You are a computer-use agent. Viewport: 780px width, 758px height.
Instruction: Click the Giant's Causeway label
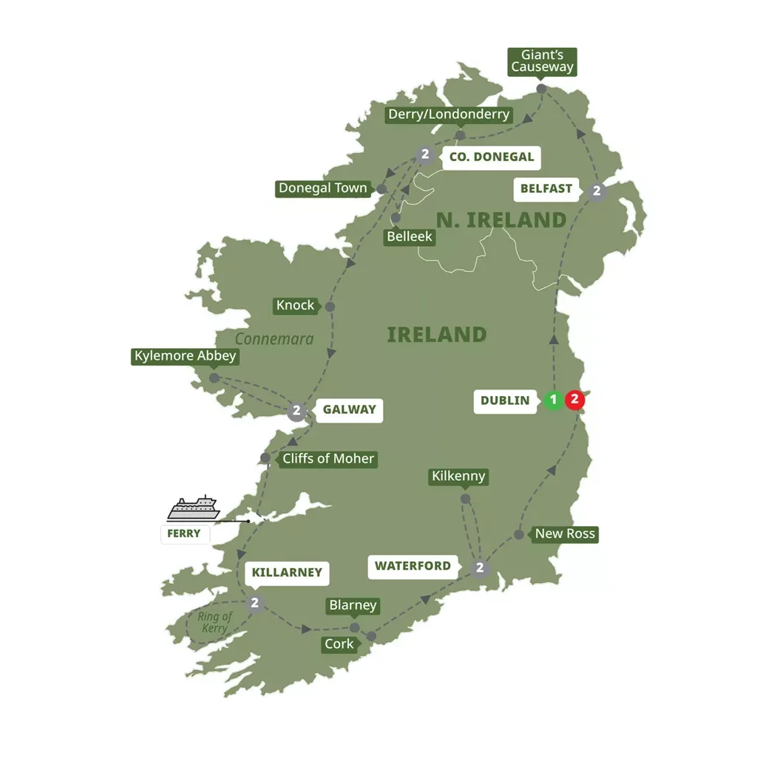542,61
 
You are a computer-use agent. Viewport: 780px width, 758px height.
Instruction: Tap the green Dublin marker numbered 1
552,400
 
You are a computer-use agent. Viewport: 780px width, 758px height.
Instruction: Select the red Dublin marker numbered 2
574,400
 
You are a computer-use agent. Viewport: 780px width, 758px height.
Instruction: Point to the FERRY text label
184,533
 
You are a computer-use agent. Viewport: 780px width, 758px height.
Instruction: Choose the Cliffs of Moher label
328,459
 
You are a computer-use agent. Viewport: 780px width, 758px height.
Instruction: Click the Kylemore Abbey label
186,356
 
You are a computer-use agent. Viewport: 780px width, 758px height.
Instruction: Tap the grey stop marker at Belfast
597,191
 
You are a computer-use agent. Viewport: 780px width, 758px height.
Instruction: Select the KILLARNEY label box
287,573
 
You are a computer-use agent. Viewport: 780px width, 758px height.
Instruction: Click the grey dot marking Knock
330,307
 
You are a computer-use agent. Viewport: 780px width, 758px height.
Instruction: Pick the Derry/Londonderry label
450,114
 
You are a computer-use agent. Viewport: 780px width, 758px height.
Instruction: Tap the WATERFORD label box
413,567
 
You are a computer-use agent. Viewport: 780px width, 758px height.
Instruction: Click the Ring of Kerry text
215,622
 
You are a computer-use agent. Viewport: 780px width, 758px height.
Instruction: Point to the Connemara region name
274,339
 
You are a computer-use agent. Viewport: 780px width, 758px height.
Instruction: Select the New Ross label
565,533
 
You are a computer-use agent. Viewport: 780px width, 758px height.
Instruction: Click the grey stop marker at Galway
296,412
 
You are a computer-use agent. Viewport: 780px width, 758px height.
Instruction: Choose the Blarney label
353,606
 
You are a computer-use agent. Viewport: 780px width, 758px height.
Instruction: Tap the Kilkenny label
458,477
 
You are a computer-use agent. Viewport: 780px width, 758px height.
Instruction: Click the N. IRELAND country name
501,219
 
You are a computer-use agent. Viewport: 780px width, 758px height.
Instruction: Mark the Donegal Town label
322,188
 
